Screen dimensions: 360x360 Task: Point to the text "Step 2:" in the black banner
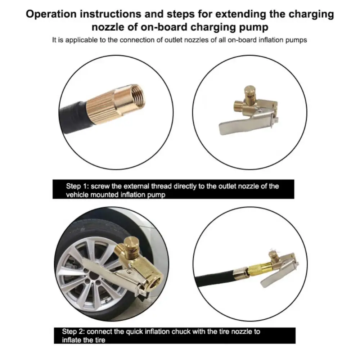73,331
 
